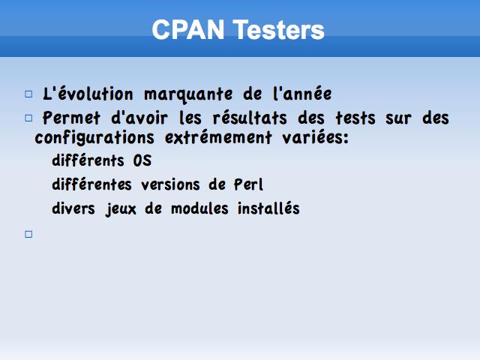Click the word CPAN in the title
coord(188,30)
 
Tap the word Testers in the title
coord(278,30)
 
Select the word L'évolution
coord(88,94)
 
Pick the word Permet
coord(71,118)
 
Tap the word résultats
coord(250,118)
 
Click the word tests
coord(355,118)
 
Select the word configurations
coord(94,138)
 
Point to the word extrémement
coord(218,137)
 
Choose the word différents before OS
coord(88,160)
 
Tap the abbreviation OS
coord(142,160)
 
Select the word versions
coord(170,184)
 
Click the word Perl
coord(248,184)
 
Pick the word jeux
coord(121,209)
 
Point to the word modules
coord(199,208)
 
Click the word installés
coord(268,208)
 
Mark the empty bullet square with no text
coord(28,234)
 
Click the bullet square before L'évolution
coord(28,94)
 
